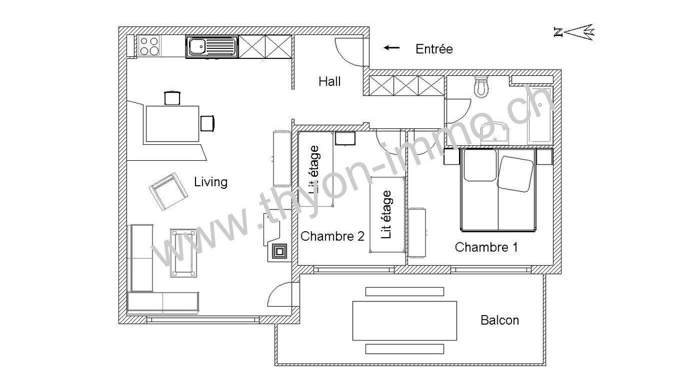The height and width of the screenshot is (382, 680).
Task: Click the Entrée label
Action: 434,49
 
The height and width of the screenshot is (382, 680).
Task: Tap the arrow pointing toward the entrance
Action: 392,48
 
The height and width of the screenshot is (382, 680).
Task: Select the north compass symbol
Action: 574,32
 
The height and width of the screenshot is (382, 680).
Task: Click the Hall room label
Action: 329,81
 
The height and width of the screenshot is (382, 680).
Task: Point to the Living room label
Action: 211,182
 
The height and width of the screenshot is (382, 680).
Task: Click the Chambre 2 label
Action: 333,236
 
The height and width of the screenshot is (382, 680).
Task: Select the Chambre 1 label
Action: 486,247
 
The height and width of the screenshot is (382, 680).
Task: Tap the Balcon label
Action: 500,320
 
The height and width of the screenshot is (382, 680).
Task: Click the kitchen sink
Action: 212,47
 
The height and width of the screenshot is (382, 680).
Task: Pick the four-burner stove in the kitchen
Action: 149,46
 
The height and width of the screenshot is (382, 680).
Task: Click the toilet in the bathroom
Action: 481,87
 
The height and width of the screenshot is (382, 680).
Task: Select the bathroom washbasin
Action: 495,133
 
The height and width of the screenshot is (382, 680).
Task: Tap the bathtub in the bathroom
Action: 540,115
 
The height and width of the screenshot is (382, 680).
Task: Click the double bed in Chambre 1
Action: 498,190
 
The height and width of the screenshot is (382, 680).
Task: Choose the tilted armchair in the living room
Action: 168,192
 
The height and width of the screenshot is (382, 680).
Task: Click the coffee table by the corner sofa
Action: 183,253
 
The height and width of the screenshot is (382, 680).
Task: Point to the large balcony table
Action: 405,321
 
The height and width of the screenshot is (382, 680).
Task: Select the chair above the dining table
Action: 172,98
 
